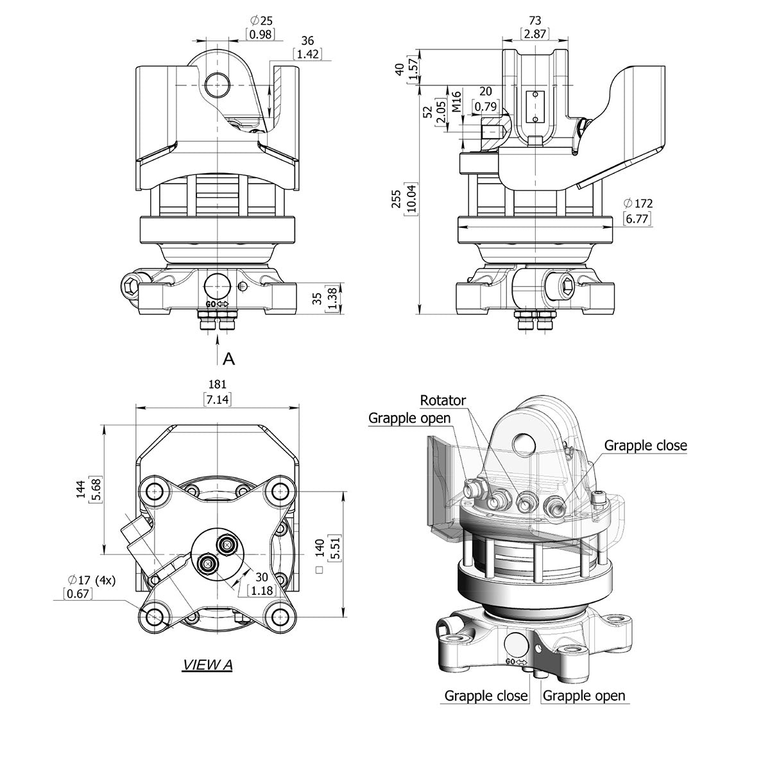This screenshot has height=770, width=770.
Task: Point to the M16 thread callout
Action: coord(457,102)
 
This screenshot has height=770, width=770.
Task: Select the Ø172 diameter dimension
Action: coord(637,203)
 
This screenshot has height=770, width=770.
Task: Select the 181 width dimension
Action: coord(218,385)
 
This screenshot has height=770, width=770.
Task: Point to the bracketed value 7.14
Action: coord(218,400)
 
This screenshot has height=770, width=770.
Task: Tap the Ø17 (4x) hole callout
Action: coord(91,580)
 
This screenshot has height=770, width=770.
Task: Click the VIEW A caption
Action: coord(207,665)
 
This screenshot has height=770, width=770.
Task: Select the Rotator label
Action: coord(443,401)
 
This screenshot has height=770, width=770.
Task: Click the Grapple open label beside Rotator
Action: coord(409,418)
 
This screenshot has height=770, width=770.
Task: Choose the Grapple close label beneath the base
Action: coord(486,696)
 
